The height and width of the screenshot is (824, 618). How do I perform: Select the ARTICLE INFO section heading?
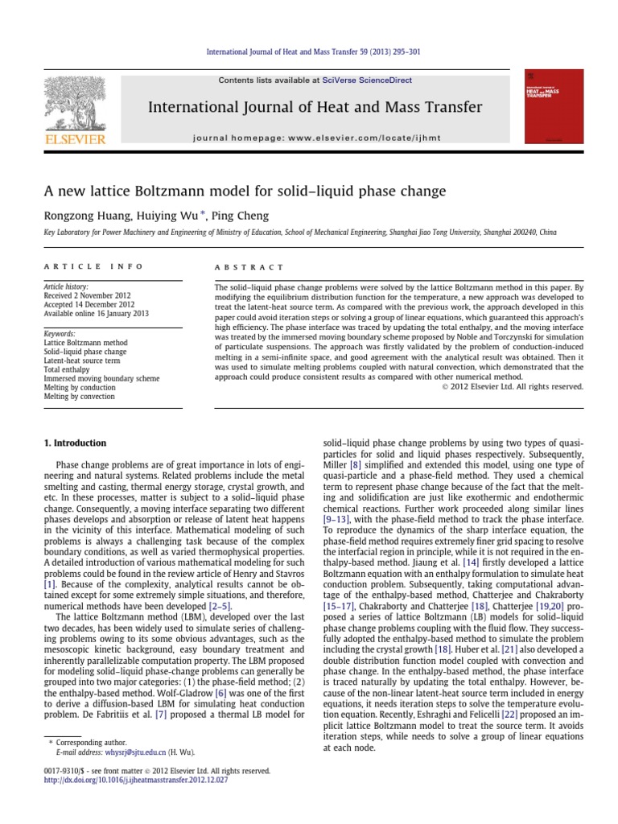coord(93,266)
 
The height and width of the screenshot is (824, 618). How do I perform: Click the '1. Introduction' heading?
coord(74,443)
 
